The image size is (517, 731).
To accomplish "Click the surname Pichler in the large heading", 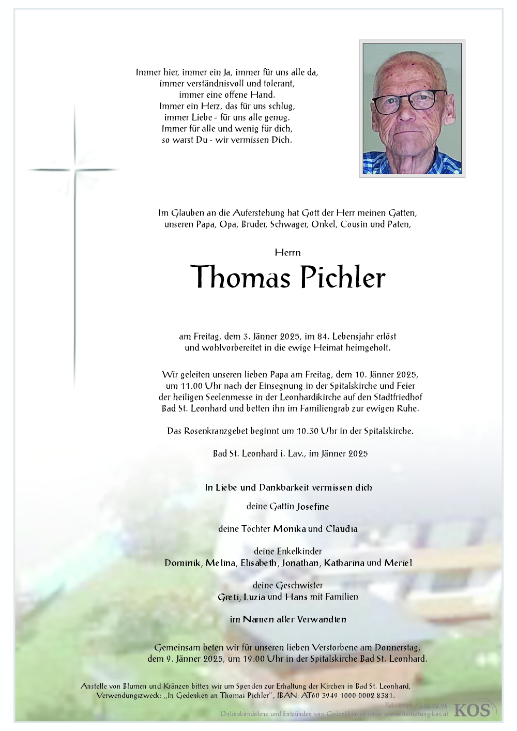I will pos(343,277).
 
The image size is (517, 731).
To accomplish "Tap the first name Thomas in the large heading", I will pos(240,277).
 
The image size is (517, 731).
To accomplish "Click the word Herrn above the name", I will pos(288,252).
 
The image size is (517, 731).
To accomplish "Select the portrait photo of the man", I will pos(412,108).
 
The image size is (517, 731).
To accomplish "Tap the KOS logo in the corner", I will pos(472,710).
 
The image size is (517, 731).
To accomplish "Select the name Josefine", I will pos(313,507).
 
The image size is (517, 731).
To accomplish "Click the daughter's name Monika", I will pos(290,529).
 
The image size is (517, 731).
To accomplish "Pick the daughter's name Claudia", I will pos(341,529).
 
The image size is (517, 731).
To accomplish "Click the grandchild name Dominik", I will pos(183,563).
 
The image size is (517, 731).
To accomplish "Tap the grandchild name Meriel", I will pos(398,563).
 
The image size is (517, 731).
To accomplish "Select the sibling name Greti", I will pos(229,597).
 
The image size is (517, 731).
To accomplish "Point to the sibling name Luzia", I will pos(254,597).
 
